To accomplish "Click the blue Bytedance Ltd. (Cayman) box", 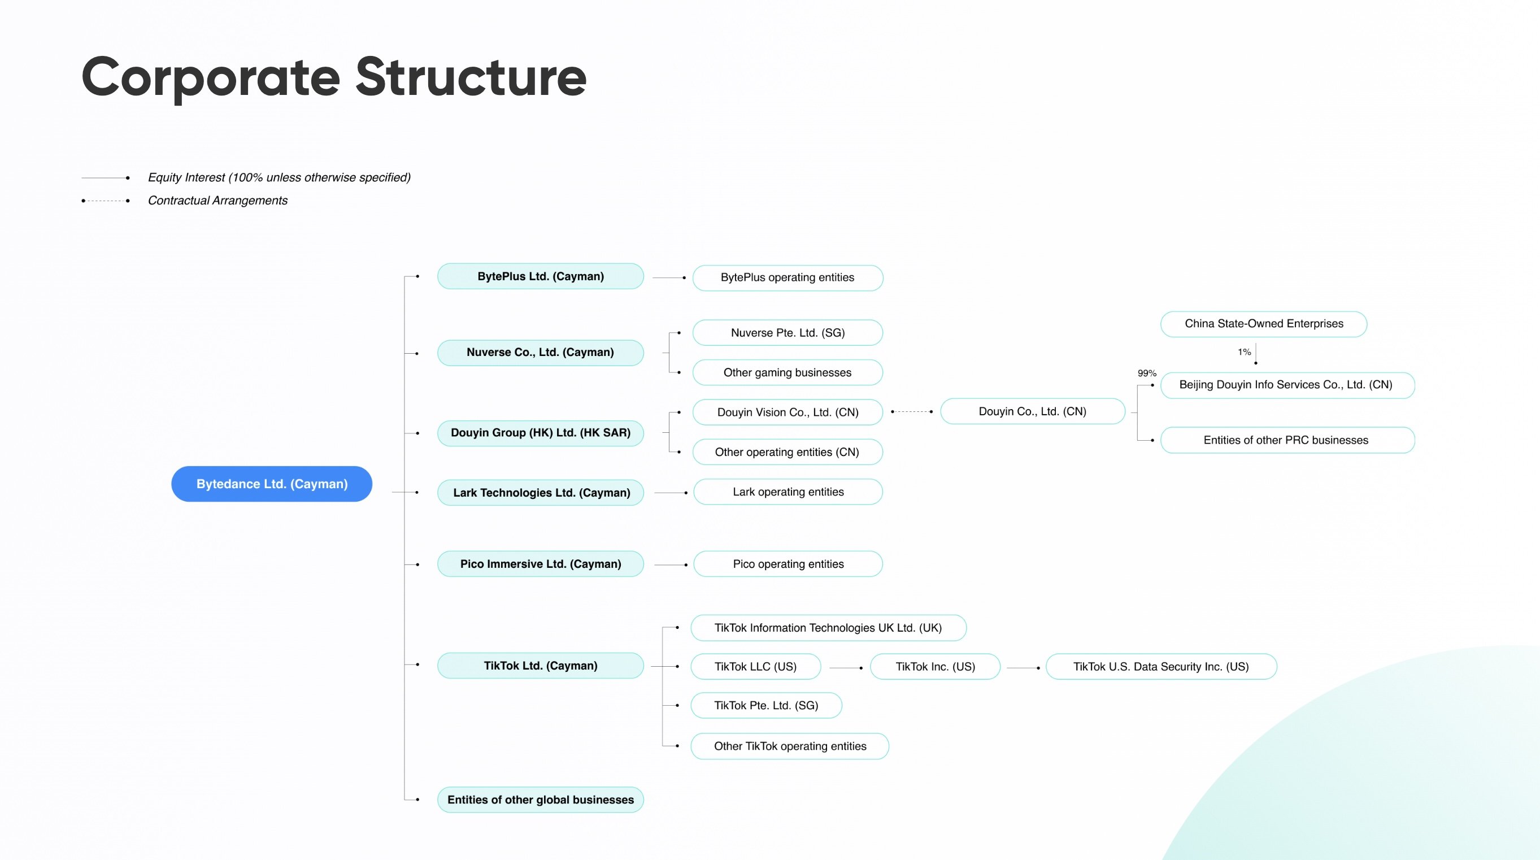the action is (x=271, y=484).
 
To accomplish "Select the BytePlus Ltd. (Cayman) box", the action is (x=541, y=276).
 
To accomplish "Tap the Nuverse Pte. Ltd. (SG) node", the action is (x=788, y=332).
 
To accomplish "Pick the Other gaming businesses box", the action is (x=788, y=372).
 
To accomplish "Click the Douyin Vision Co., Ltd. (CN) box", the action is (x=788, y=412).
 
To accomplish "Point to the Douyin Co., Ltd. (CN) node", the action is (x=1033, y=411).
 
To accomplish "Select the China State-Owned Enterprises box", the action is (x=1264, y=324).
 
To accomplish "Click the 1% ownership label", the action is (x=1244, y=351).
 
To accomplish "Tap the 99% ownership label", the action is (x=1147, y=373).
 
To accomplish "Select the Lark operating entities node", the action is (x=788, y=492).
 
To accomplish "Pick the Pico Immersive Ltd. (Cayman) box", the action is (x=541, y=564).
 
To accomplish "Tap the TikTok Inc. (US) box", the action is (x=935, y=666).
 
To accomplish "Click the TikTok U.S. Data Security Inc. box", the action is (x=1161, y=666).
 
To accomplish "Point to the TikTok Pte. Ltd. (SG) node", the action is (x=766, y=705).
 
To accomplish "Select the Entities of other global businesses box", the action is (x=541, y=800).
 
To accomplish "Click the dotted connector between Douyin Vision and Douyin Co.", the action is (x=912, y=411).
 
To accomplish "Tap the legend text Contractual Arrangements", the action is (x=217, y=201).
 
